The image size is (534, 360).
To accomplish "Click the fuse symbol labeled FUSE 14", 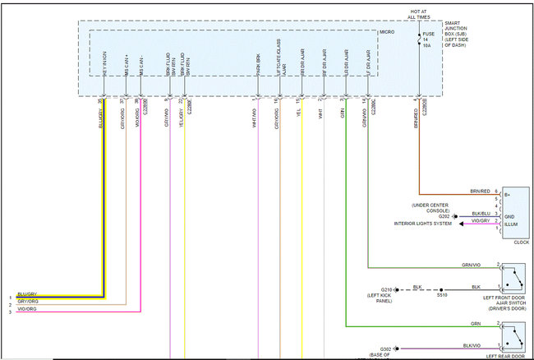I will [x=420, y=39].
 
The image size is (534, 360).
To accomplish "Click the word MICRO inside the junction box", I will [x=387, y=32].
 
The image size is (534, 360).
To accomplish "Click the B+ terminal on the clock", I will [x=508, y=195].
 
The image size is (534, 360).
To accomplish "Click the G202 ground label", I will [x=444, y=216].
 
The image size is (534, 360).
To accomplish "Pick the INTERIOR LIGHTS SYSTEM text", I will [x=423, y=224].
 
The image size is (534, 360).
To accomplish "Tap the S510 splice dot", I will [x=441, y=289].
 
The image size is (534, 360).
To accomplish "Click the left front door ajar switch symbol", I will [x=513, y=276].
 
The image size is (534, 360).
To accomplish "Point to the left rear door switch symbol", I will [x=513, y=336].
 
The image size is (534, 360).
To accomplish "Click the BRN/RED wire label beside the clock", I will [x=480, y=191].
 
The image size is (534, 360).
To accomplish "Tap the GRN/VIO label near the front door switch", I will [x=472, y=264].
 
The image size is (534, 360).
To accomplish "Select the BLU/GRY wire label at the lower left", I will [x=26, y=293].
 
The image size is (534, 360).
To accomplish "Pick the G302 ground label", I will [x=386, y=348].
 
